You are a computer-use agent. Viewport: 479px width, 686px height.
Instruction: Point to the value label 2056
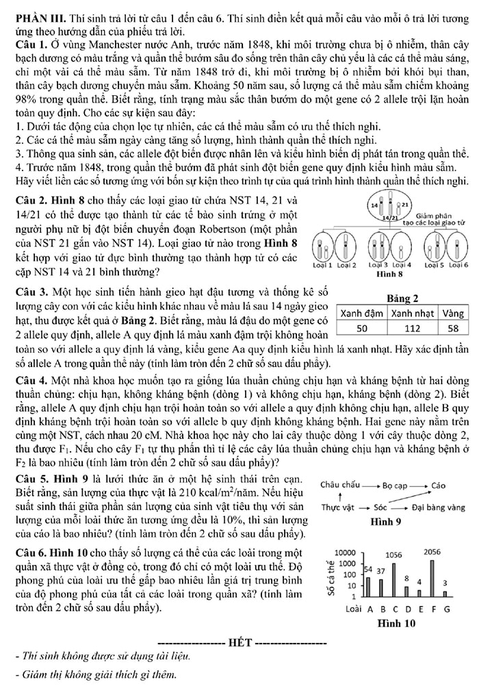click(432, 552)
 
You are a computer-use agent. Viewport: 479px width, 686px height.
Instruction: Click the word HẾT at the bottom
click(241, 643)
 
